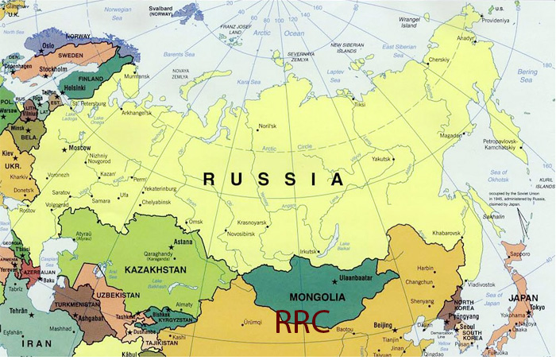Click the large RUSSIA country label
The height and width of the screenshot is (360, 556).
[x=274, y=179]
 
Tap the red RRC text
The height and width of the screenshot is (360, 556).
[x=301, y=321]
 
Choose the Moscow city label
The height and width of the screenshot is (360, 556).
[x=79, y=148]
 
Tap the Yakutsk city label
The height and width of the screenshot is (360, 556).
[x=380, y=159]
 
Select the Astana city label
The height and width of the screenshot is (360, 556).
[x=183, y=242]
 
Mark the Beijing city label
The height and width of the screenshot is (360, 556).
[x=384, y=326]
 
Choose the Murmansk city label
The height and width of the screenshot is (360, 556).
[x=136, y=75]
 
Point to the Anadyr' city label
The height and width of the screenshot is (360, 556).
[x=464, y=37]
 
